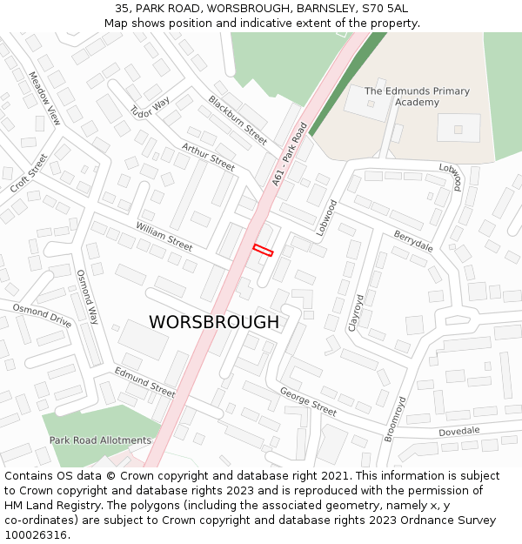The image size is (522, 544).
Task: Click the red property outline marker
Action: (263, 251)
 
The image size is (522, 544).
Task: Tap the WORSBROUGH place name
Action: (214, 322)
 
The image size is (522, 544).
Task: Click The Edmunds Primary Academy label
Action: (417, 97)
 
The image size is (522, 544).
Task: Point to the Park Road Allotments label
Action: (100, 440)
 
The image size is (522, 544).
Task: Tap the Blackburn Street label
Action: (238, 119)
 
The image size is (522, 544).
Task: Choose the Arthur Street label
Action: (208, 157)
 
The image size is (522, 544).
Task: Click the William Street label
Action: (164, 236)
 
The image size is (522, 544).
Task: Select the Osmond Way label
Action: (87, 297)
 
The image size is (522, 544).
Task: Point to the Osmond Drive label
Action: (42, 315)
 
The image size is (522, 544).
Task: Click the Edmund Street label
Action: (144, 381)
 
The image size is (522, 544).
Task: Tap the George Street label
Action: (308, 401)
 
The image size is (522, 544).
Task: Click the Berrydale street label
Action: (413, 241)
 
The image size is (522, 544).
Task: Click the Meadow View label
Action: (44, 98)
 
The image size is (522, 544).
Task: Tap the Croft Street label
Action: (29, 174)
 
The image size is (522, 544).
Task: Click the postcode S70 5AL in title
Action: (384, 9)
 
